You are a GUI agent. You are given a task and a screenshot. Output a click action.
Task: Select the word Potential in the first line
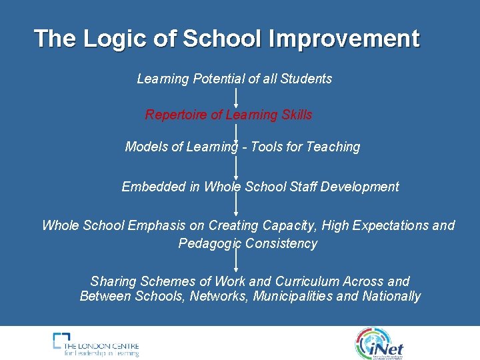pos(219,79)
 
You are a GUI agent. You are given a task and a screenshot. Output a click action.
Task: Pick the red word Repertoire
pos(176,115)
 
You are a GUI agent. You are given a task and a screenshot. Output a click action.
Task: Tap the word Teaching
pos(333,147)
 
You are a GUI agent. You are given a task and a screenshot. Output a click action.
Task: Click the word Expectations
pos(391,225)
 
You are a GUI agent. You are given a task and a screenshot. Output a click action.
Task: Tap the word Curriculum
pos(307,281)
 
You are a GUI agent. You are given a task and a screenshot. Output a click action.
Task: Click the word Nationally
pos(391,296)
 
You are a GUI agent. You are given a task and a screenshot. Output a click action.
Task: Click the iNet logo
pos(380,343)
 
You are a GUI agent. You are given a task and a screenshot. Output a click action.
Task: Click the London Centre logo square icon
pos(61,340)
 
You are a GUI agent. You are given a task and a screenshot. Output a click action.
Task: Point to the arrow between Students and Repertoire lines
pos(236,97)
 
